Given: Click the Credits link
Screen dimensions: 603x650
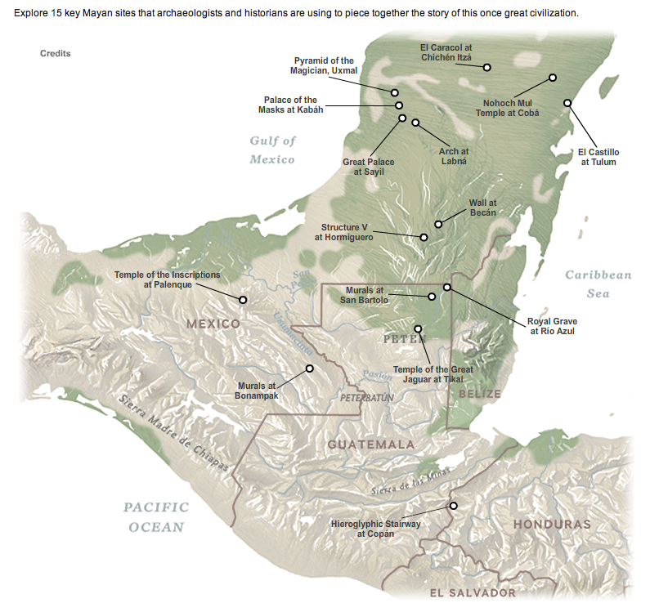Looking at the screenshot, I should click(x=56, y=54).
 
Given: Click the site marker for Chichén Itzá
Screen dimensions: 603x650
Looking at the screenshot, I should click(x=486, y=67).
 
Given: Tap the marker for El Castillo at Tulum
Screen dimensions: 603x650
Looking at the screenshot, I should click(x=567, y=102).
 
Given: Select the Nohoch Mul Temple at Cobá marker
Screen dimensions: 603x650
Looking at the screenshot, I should click(x=553, y=78).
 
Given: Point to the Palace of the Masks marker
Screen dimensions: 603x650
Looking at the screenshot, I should click(x=399, y=105).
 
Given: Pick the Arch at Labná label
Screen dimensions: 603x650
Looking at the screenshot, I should click(x=454, y=156).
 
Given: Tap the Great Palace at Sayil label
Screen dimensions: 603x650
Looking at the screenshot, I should click(x=368, y=167).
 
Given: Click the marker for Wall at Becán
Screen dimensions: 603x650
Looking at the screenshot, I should click(x=438, y=223).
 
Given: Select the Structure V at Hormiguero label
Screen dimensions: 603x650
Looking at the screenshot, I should click(x=343, y=232).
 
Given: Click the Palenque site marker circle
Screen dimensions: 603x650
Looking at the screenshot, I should click(x=242, y=300).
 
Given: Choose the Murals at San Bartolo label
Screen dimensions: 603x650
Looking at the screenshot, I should click(x=364, y=295).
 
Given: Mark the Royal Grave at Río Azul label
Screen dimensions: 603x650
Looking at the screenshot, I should click(x=553, y=327).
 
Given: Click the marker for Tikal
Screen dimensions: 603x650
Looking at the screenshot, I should click(x=419, y=328).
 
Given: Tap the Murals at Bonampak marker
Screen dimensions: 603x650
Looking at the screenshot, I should click(x=310, y=368).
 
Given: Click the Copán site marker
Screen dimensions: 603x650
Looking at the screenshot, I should click(x=454, y=505).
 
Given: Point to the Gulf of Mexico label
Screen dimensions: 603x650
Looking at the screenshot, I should click(x=272, y=150).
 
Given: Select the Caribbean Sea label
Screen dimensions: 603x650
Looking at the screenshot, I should click(x=598, y=284).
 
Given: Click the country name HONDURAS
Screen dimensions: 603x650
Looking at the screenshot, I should click(x=551, y=524).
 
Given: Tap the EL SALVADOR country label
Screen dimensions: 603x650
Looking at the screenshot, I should click(x=473, y=592).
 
